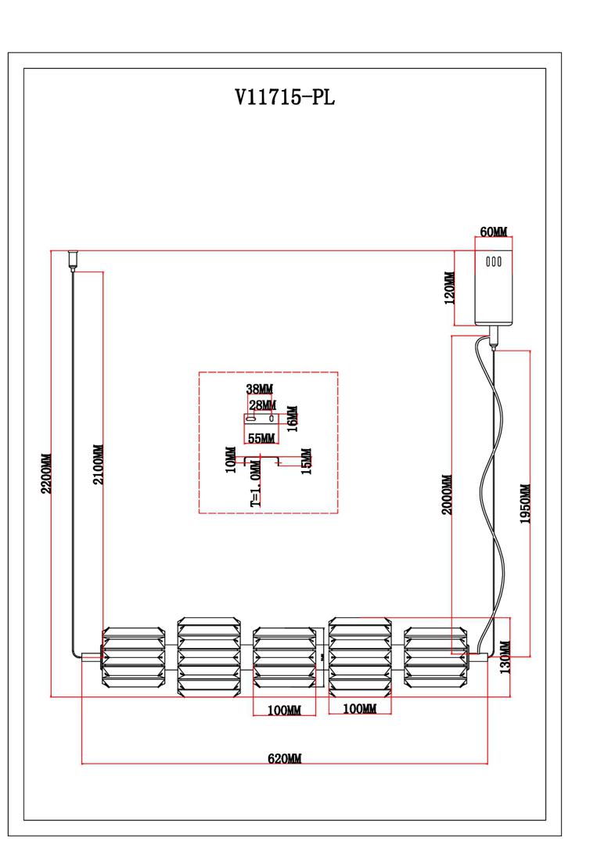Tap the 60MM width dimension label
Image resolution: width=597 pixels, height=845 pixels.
[493, 232]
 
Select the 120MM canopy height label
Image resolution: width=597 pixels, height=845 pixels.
[449, 288]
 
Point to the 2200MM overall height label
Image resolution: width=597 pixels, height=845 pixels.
[46, 473]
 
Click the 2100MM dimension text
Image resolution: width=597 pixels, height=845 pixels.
[99, 465]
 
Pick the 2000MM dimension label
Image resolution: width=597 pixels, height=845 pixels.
[448, 494]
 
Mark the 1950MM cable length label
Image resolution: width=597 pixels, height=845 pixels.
[526, 503]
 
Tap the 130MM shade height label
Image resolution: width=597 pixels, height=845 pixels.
[505, 657]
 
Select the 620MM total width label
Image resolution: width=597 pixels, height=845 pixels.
[284, 758]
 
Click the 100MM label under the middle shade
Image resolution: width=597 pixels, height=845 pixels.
[284, 710]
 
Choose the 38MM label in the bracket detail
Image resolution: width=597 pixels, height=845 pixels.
[260, 389]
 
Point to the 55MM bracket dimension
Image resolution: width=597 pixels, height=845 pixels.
[260, 437]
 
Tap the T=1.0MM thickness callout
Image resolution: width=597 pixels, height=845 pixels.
[256, 487]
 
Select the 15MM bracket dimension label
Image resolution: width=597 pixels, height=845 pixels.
[306, 461]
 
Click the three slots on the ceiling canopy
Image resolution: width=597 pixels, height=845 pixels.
[494, 262]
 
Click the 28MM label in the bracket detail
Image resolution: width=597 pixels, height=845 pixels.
[262, 405]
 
